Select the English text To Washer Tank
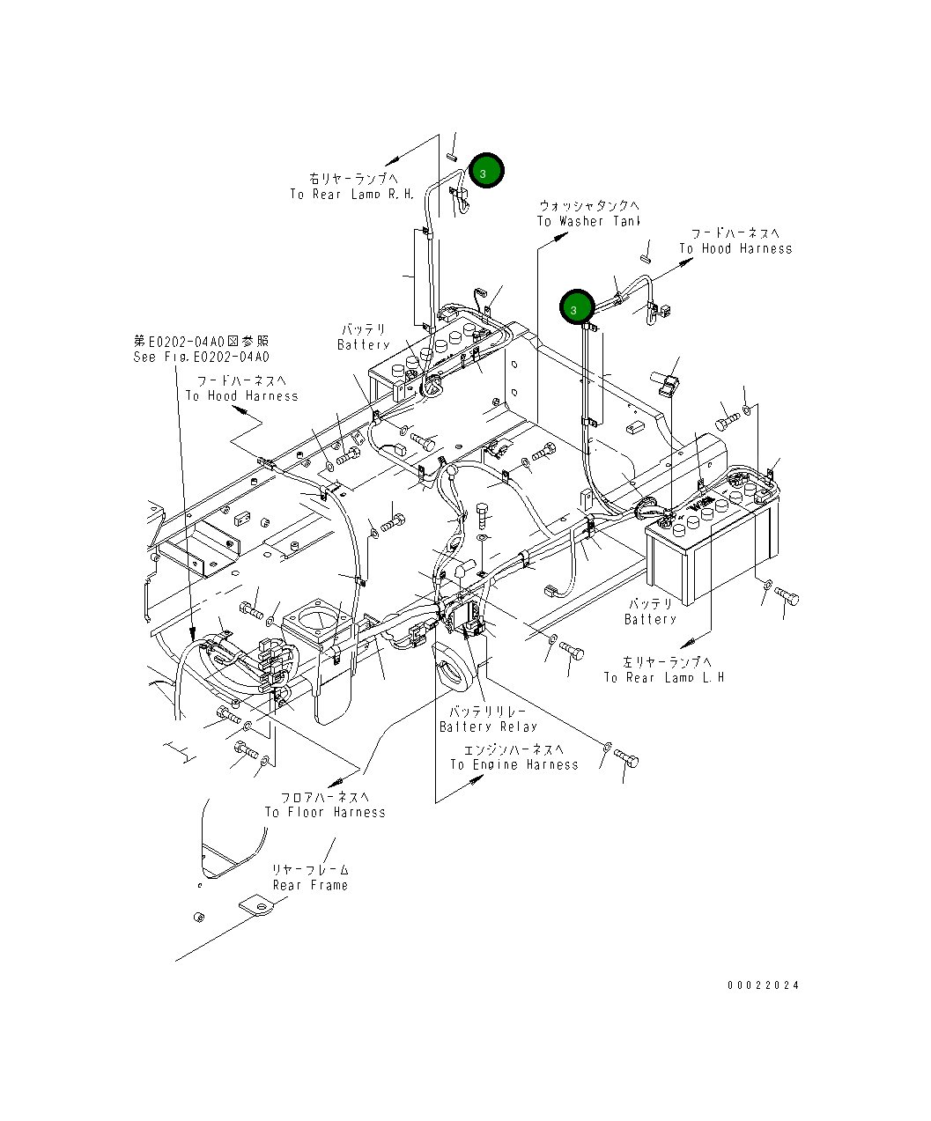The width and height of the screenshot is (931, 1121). (588, 221)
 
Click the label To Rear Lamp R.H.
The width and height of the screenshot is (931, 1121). (351, 194)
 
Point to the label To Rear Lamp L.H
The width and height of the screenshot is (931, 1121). (663, 677)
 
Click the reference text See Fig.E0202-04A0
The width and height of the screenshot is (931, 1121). (202, 357)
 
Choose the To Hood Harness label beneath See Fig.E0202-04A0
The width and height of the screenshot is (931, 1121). (241, 395)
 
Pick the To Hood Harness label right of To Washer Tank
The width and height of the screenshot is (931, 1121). (735, 248)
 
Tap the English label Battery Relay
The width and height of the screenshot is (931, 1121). (488, 726)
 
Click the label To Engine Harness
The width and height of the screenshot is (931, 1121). (514, 764)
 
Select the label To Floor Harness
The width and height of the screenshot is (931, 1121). (325, 812)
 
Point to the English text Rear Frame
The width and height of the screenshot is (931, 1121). (310, 885)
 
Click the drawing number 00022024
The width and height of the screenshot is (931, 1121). (763, 985)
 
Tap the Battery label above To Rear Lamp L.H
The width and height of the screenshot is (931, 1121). (650, 619)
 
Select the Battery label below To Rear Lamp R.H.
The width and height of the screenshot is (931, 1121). (363, 344)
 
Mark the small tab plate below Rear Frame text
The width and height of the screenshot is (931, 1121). (257, 906)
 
